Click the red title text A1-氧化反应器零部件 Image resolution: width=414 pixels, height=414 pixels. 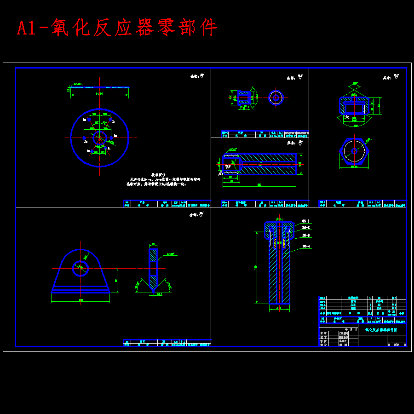[117, 28]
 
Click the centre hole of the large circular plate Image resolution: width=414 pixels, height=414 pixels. [99, 138]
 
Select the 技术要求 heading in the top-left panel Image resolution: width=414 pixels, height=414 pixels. [158, 175]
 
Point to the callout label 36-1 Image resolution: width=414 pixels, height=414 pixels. [306, 221]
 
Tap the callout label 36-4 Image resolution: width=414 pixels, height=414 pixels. [306, 247]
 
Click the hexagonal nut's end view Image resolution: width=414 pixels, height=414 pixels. [354, 151]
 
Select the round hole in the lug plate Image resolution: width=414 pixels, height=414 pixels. [80, 268]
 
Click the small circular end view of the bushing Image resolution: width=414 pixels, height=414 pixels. [276, 98]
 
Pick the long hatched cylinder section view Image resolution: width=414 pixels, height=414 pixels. [267, 164]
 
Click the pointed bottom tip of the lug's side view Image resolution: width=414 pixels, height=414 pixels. [153, 290]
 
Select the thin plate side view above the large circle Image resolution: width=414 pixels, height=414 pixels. [99, 87]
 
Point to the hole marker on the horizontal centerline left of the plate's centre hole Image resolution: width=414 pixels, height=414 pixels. [84, 138]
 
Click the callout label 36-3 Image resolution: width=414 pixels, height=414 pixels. [306, 236]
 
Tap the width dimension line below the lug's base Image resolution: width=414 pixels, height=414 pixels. [80, 301]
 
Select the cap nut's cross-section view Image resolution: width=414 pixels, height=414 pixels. [354, 106]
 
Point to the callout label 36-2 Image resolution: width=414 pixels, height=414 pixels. [306, 228]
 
